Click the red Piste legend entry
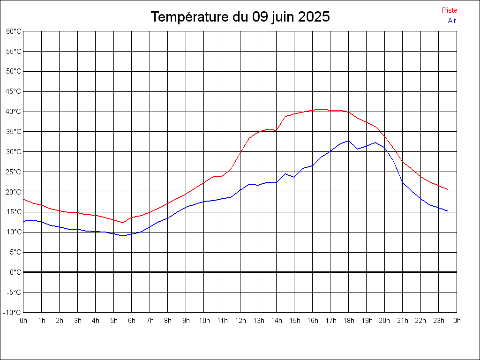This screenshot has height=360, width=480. (450, 10)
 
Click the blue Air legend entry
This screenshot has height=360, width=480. (452, 21)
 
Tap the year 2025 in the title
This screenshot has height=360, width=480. (314, 17)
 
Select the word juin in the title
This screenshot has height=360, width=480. (281, 17)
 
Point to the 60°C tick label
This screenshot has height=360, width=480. (14, 31)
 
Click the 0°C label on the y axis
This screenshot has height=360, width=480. (15, 272)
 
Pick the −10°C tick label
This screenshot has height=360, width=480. (13, 312)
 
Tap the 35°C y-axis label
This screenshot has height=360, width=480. (14, 132)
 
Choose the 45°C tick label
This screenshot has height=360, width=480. (14, 91)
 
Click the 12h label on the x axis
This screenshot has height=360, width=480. (240, 321)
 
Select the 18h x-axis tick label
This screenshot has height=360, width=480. (348, 321)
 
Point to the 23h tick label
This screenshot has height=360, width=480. (439, 321)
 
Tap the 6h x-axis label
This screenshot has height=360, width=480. (132, 321)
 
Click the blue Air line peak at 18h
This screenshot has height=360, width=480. (348, 141)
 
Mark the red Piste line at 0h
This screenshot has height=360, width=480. (23, 199)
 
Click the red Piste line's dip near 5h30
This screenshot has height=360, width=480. (122, 223)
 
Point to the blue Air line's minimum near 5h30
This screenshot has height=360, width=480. (122, 236)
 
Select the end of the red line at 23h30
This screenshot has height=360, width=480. (448, 190)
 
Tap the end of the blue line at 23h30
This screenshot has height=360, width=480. (448, 211)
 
